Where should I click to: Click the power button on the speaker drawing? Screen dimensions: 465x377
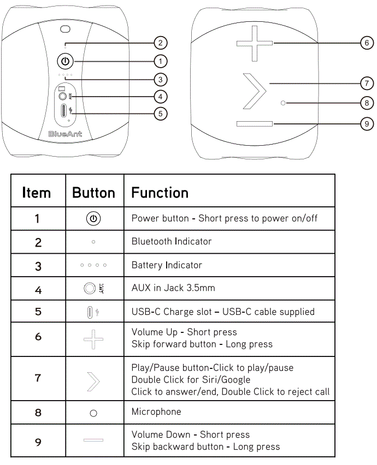click(x=66, y=61)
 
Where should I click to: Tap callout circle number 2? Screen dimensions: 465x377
click(x=160, y=43)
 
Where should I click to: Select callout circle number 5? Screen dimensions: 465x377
click(x=160, y=114)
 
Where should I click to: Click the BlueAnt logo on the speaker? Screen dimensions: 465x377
click(x=65, y=134)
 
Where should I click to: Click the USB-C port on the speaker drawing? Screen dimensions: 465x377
click(x=65, y=111)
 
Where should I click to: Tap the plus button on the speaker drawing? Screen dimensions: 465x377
click(x=255, y=43)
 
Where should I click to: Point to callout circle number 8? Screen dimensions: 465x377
click(x=367, y=102)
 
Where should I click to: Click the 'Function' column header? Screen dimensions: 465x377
click(x=160, y=193)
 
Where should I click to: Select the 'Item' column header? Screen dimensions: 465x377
click(x=37, y=193)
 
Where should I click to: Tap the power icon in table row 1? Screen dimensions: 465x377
click(x=93, y=219)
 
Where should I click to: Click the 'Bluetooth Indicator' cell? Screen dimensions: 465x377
click(x=172, y=241)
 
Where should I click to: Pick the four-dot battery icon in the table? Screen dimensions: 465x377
click(x=93, y=265)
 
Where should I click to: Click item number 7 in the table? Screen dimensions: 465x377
click(x=38, y=378)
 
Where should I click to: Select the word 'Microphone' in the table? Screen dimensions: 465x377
click(x=156, y=412)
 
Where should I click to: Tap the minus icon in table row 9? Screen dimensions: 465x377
click(x=93, y=440)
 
